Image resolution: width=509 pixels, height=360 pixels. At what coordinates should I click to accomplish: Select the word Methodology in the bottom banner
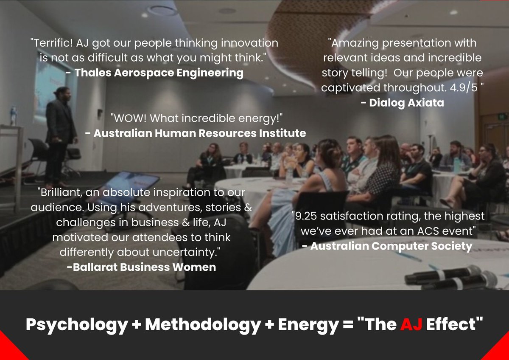pos(202,325)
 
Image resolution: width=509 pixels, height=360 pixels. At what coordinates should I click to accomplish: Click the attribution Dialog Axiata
pos(401,102)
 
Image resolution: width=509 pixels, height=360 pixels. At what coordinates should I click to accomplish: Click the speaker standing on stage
pos(61,134)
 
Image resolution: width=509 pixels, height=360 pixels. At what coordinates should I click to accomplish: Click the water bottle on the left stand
pos(14,115)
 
